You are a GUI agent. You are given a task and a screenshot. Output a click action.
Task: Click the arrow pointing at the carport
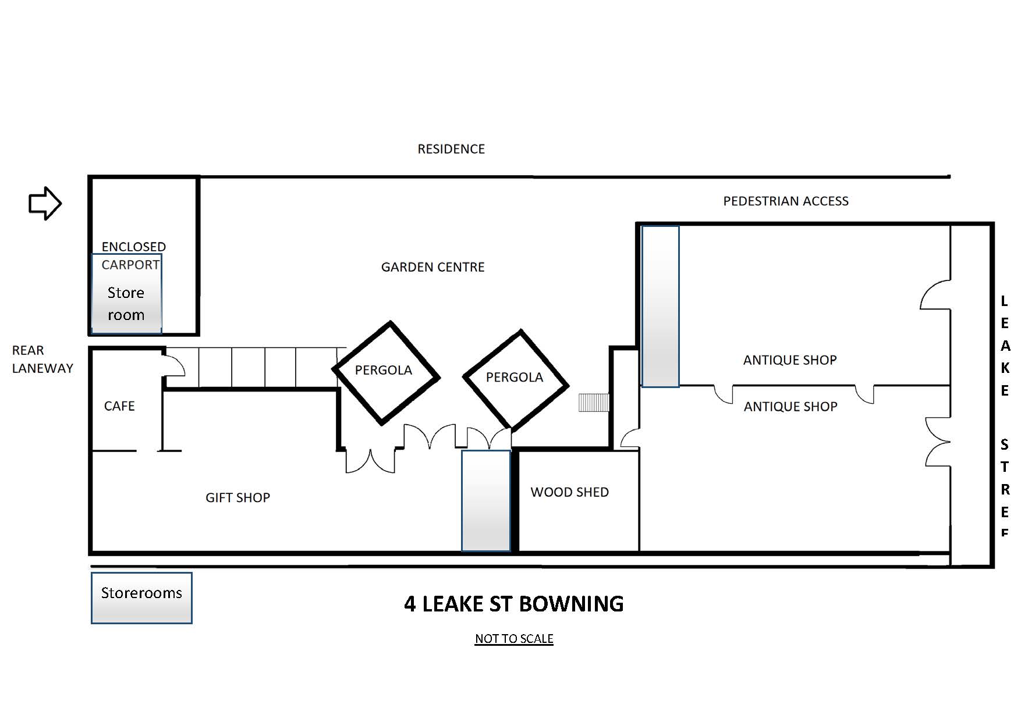45,203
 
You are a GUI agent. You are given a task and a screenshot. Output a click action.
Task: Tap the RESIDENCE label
451,149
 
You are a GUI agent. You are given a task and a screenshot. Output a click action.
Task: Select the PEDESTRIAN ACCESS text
786,201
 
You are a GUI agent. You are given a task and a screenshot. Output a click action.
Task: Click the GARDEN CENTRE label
432,267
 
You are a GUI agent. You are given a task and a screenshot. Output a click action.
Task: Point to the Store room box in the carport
126,294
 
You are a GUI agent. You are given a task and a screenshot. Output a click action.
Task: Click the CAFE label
119,406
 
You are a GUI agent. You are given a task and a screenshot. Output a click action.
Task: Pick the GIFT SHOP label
237,497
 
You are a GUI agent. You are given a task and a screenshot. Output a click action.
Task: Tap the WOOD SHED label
569,492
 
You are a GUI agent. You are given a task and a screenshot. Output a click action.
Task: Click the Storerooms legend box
141,598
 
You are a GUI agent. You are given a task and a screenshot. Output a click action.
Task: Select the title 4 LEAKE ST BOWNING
513,604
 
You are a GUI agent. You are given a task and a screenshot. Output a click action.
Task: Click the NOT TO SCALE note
514,639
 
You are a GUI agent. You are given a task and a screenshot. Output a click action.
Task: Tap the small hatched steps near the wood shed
594,403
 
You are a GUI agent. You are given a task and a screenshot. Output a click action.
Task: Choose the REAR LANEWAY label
42,359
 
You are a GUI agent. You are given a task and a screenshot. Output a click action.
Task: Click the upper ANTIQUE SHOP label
790,360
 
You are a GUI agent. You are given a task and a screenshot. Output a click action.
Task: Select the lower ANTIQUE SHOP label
790,407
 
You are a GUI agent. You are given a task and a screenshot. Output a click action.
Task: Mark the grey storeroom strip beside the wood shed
486,500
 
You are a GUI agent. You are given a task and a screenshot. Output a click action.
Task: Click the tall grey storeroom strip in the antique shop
660,306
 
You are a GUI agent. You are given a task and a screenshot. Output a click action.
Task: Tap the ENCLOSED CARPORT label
133,256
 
